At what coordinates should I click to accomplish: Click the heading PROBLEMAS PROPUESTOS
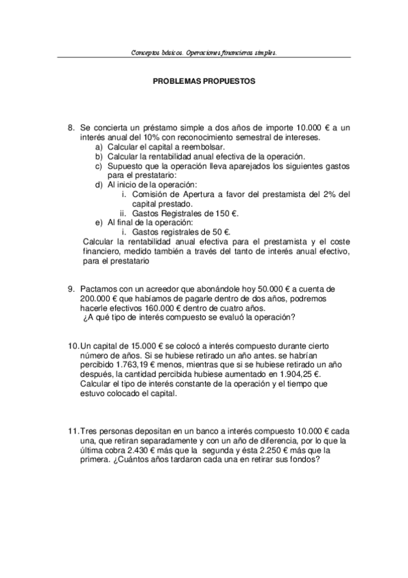pos(204,80)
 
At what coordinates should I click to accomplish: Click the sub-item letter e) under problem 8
pos(99,222)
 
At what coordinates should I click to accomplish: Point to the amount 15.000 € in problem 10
pos(144,347)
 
